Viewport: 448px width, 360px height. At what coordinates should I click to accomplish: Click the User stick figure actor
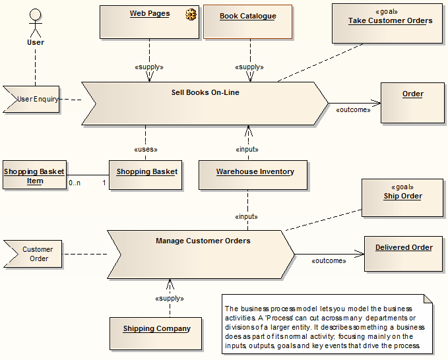point(35,22)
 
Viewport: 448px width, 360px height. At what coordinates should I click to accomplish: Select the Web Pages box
point(149,22)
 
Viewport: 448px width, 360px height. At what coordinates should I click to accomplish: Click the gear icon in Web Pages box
point(192,14)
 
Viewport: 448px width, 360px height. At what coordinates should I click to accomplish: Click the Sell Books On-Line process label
point(205,92)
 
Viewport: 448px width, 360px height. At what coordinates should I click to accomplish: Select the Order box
point(412,103)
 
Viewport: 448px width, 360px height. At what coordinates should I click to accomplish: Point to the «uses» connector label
point(146,149)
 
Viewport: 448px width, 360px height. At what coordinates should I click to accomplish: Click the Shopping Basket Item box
point(34,175)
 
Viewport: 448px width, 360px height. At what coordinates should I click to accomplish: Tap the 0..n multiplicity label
point(74,182)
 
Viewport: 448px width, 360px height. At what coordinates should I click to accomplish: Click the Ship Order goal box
point(402,197)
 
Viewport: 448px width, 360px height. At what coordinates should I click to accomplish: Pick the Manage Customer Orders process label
point(203,241)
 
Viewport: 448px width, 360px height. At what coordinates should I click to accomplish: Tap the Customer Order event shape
point(36,254)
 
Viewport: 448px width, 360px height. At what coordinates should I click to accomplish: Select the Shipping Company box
point(156,332)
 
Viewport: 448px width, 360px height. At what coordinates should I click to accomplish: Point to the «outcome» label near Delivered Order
point(328,260)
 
